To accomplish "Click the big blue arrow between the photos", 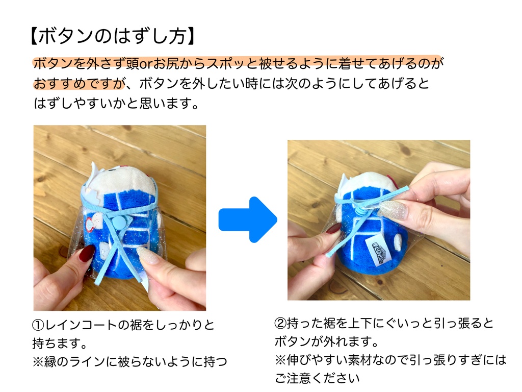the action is point(248,219).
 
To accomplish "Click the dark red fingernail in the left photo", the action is point(87,253).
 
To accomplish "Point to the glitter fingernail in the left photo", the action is point(147,255).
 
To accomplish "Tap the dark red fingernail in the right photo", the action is point(333,228).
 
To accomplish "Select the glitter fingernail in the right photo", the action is point(393,210).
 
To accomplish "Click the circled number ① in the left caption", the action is point(38,325).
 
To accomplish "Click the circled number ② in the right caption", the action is point(280,323).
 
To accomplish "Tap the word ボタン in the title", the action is point(65,36).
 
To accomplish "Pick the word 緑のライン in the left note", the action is point(74,361).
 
